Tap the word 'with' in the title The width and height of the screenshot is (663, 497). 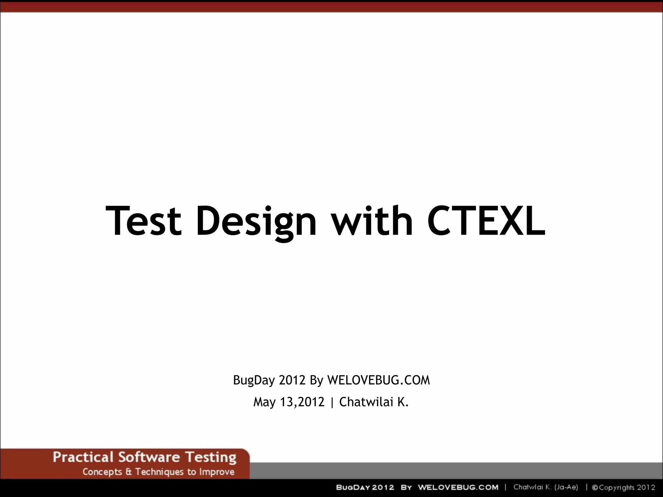click(373, 221)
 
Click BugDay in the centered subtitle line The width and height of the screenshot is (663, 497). click(253, 381)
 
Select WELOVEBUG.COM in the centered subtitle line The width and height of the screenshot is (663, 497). click(378, 380)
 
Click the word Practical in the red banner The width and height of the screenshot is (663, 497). click(83, 458)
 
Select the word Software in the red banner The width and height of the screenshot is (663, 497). click(149, 458)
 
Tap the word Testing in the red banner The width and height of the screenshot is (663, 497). click(211, 458)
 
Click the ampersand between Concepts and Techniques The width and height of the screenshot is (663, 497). click(129, 472)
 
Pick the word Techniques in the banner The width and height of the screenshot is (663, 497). click(159, 472)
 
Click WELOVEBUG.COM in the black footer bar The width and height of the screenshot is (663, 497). click(458, 488)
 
